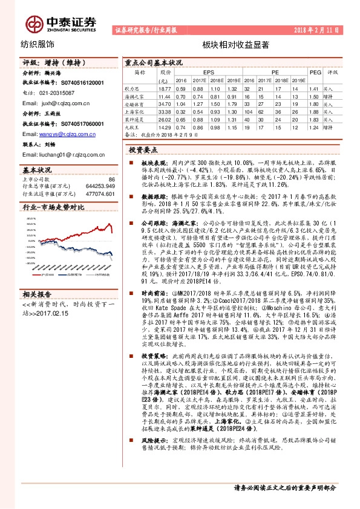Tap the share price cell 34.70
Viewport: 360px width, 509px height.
coord(163,103)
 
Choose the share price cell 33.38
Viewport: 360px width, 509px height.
coord(163,112)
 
